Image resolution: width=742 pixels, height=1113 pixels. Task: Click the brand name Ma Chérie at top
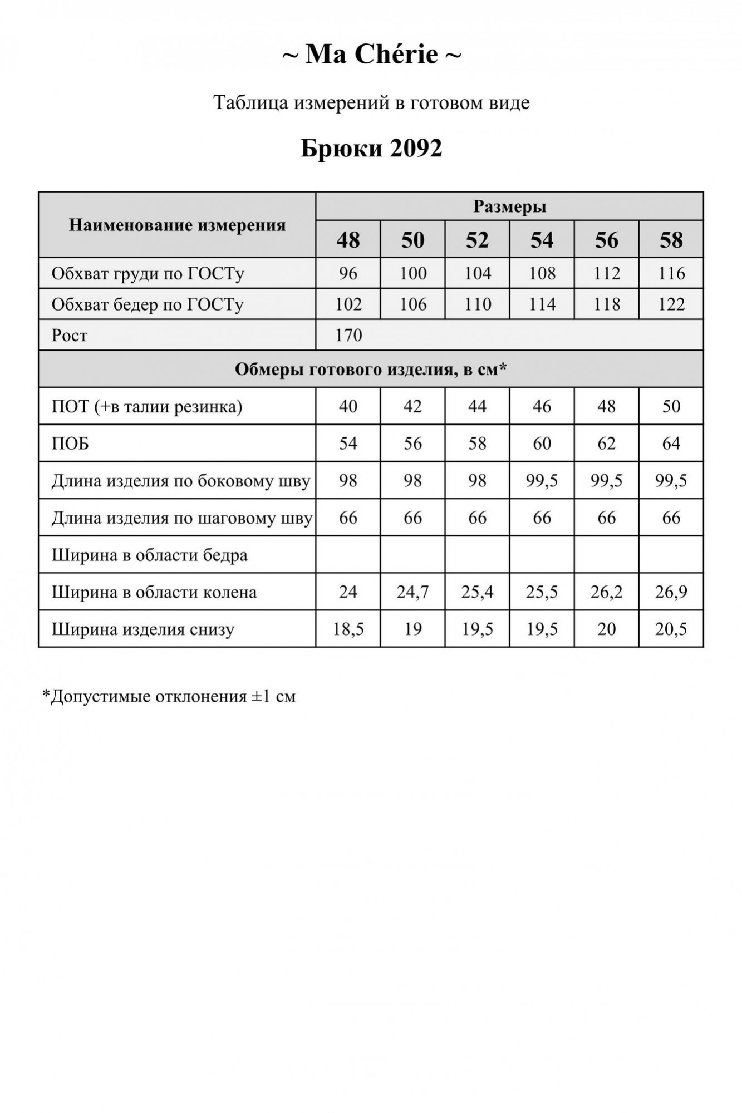coord(371,55)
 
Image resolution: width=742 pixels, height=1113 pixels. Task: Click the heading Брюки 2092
coord(371,148)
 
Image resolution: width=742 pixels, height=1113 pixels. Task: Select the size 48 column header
coord(348,240)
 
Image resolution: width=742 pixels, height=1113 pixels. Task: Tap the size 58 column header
coord(671,240)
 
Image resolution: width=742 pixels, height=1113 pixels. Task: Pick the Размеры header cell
coord(509,206)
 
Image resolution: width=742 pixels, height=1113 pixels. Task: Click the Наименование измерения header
coord(177,225)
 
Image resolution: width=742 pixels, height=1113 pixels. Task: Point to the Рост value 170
coord(348,335)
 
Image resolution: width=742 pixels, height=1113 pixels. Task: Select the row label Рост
coord(70,336)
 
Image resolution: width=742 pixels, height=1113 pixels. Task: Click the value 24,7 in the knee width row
coord(412,592)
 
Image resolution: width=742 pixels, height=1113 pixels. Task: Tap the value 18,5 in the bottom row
coord(348,629)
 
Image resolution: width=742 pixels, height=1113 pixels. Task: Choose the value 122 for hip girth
coord(671,304)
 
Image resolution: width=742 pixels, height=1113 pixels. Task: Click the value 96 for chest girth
coord(348,273)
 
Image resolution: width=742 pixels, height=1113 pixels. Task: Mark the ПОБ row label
coord(70,444)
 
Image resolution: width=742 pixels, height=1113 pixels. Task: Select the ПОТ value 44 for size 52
coord(477,406)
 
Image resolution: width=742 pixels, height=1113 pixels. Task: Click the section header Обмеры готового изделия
coord(371,369)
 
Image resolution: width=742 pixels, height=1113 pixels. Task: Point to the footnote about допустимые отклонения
coord(169,696)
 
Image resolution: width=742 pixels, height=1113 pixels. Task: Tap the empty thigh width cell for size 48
coord(348,555)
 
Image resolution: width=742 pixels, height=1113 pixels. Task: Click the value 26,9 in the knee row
coord(671,592)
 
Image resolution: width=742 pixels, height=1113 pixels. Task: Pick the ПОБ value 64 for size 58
coord(671,444)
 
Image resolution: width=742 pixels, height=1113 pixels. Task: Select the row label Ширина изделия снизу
coord(143,629)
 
